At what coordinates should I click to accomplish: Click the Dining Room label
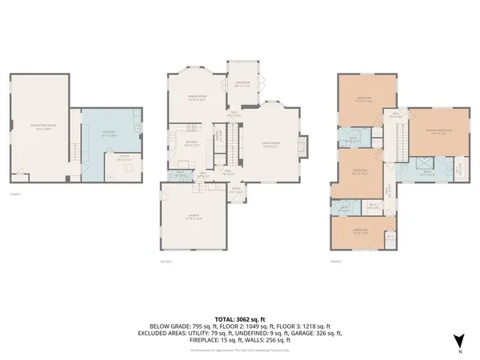tap(197, 98)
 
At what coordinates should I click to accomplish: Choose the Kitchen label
tap(190, 144)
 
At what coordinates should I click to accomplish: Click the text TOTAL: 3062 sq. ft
tap(240, 319)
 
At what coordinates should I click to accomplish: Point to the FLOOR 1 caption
tap(15, 194)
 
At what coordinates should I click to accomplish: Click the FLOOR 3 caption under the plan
tap(336, 261)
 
